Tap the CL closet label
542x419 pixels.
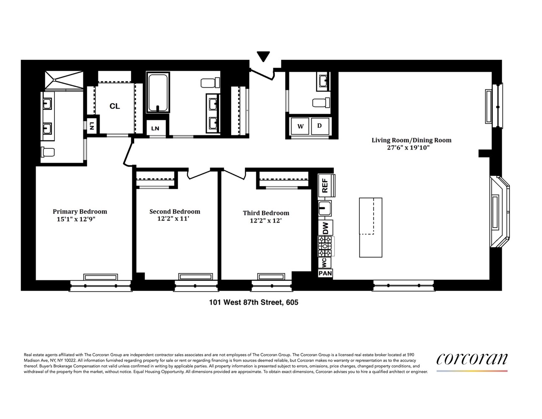point(115,106)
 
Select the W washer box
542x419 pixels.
point(300,126)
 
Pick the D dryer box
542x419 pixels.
point(320,126)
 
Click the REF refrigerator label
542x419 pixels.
point(325,186)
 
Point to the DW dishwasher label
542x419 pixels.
point(325,228)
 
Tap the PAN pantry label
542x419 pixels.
point(325,273)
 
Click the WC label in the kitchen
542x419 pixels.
point(324,263)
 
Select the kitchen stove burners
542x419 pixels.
point(325,246)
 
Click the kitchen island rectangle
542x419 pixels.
point(371,228)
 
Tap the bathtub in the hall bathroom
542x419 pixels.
point(157,93)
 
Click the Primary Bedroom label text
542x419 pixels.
point(80,212)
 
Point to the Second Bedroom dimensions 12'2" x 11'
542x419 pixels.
point(173,219)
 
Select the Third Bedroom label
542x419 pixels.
point(266,213)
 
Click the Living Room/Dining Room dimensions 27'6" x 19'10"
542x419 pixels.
point(408,147)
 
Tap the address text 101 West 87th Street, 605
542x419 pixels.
point(253,302)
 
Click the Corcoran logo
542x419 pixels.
point(472,359)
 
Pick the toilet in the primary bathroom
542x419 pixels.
point(48,152)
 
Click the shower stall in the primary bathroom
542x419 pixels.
point(64,80)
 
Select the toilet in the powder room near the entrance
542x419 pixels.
point(321,103)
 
